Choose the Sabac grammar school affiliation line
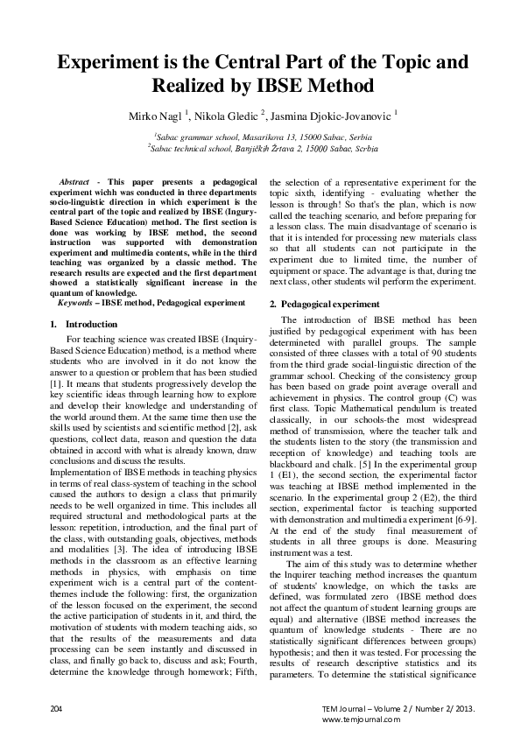coord(262,137)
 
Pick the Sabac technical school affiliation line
coord(260,149)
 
